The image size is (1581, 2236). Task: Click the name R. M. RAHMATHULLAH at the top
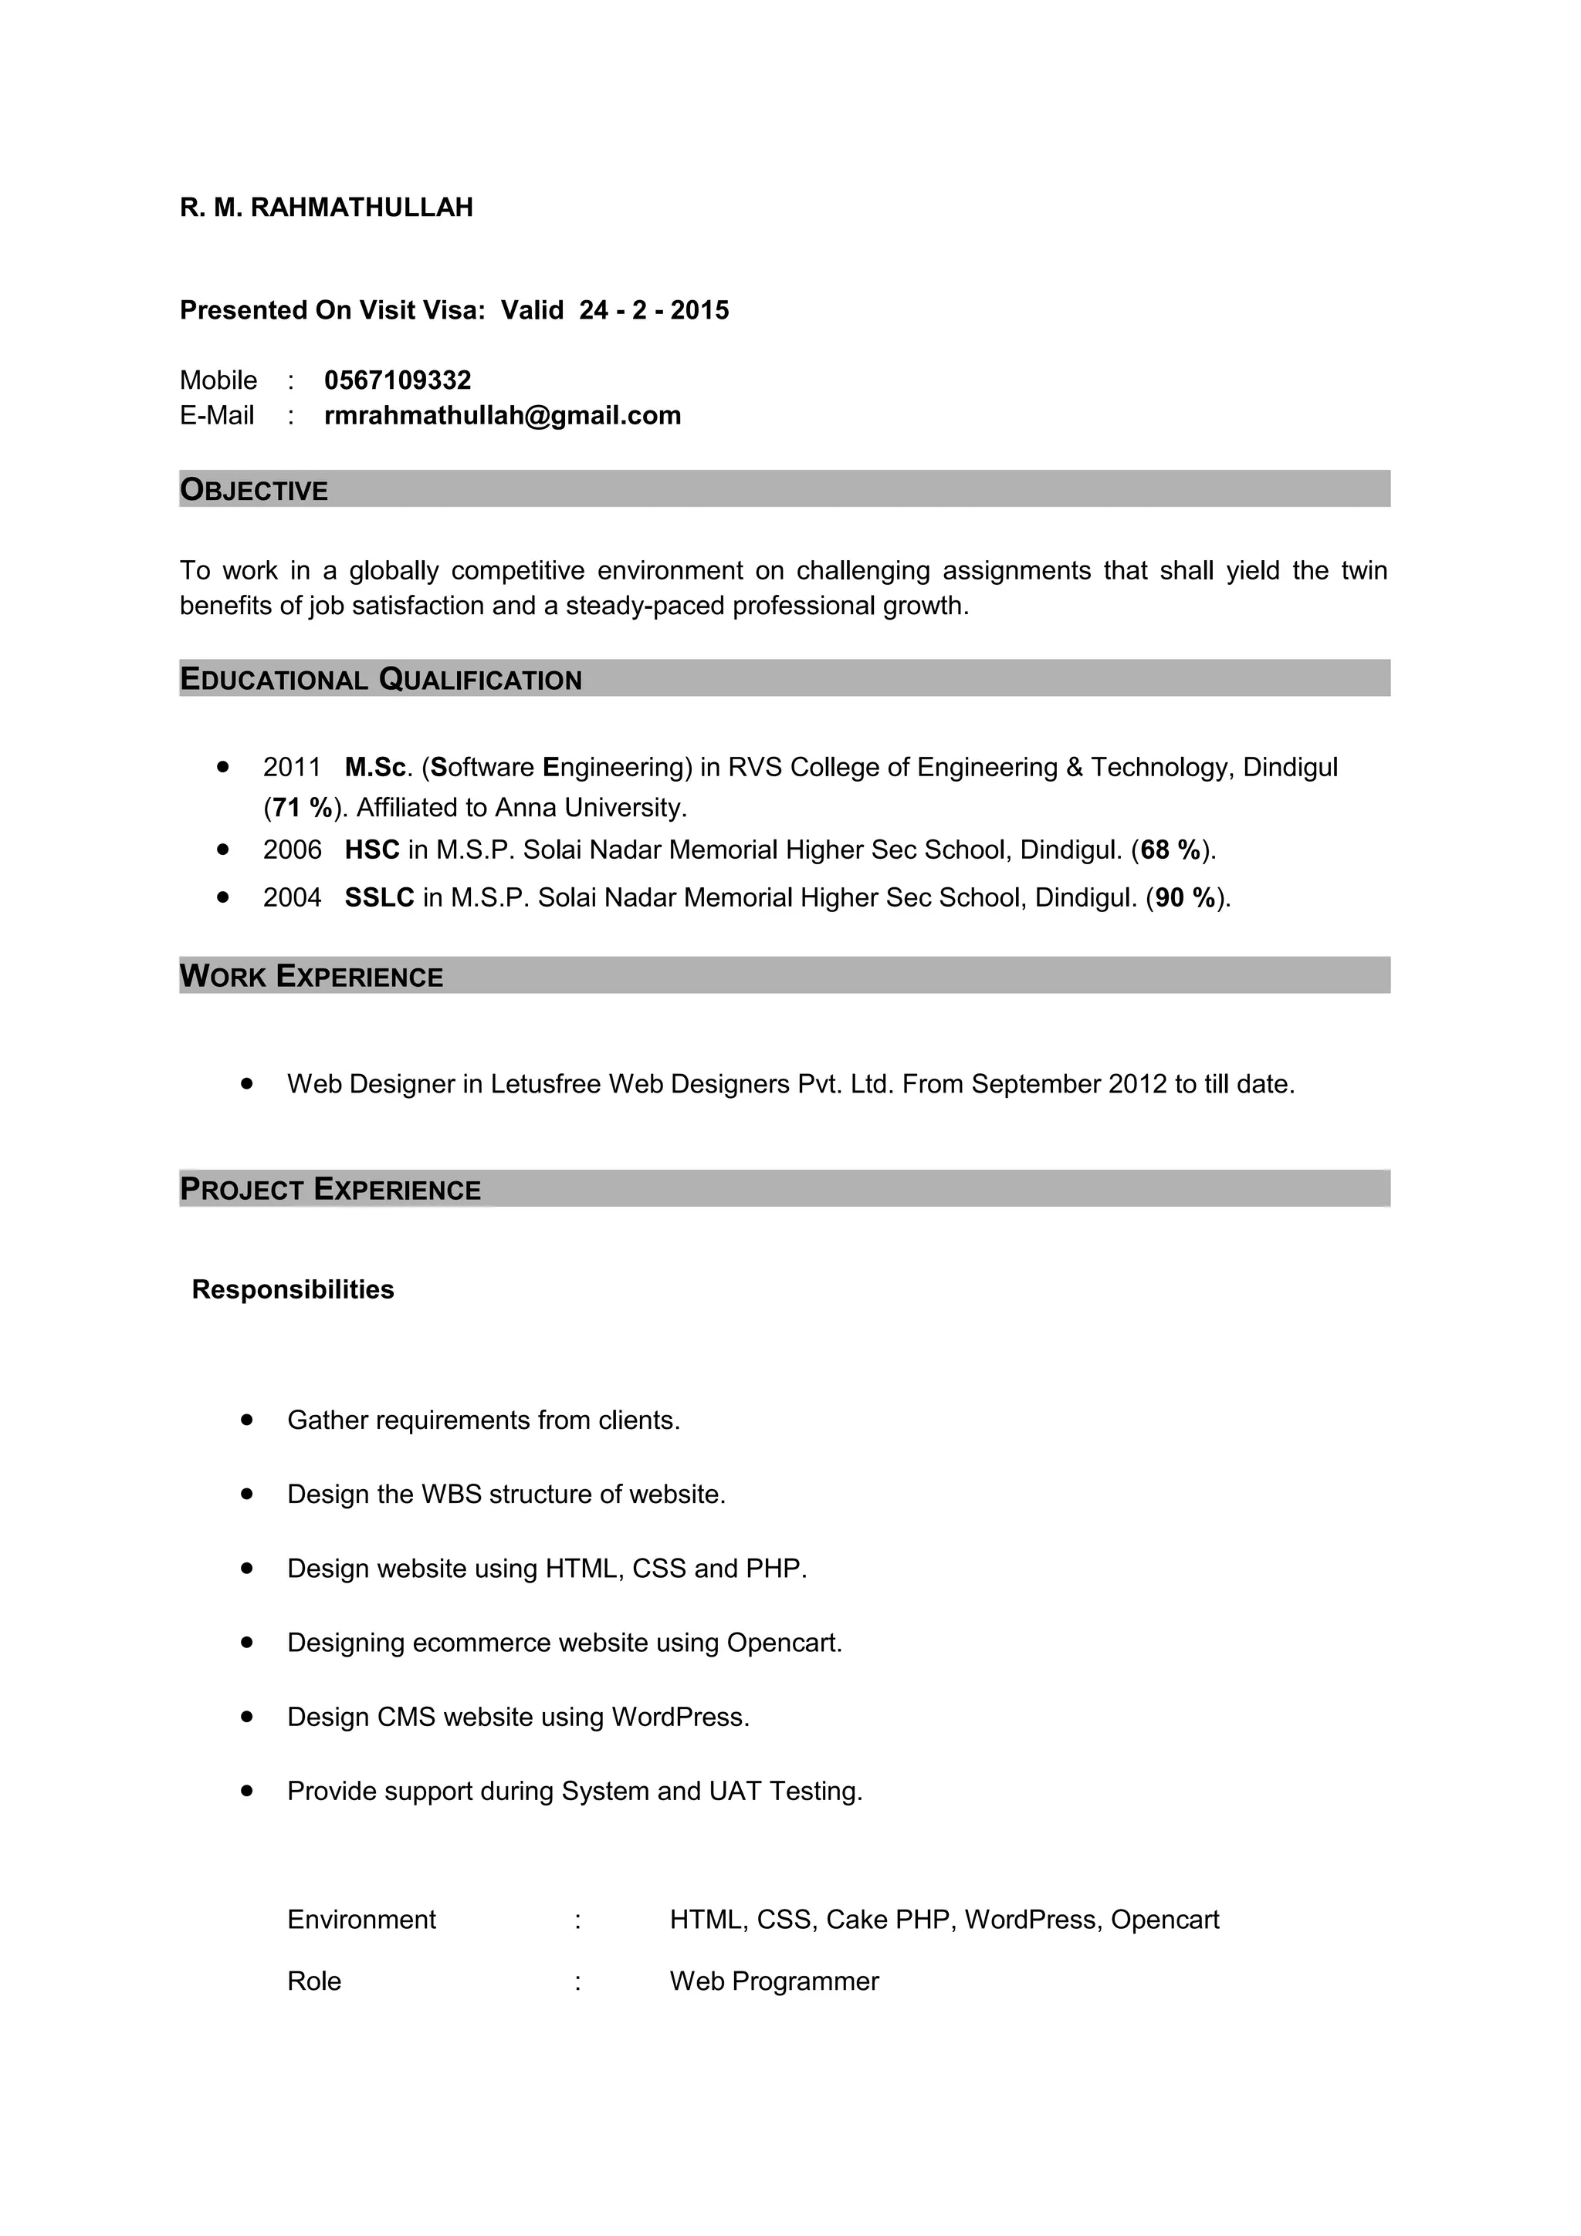click(x=327, y=208)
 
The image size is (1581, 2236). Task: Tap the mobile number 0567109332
click(x=398, y=380)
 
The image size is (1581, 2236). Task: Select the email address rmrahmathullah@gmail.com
click(x=503, y=416)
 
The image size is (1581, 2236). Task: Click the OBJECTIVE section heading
click(x=254, y=490)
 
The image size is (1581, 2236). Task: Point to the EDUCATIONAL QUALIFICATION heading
click(x=381, y=680)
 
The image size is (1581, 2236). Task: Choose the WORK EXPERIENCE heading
click(x=312, y=977)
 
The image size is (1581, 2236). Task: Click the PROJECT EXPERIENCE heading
click(x=330, y=1190)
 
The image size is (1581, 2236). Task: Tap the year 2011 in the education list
click(x=291, y=768)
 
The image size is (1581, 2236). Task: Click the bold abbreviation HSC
click(x=372, y=850)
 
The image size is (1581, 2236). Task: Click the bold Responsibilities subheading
click(x=293, y=1290)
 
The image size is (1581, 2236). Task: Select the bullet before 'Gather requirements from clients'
click(x=248, y=1420)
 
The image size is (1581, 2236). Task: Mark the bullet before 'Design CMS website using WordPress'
click(x=248, y=1717)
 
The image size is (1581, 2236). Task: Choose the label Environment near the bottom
click(x=361, y=1920)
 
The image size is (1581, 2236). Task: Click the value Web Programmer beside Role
click(x=774, y=1982)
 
